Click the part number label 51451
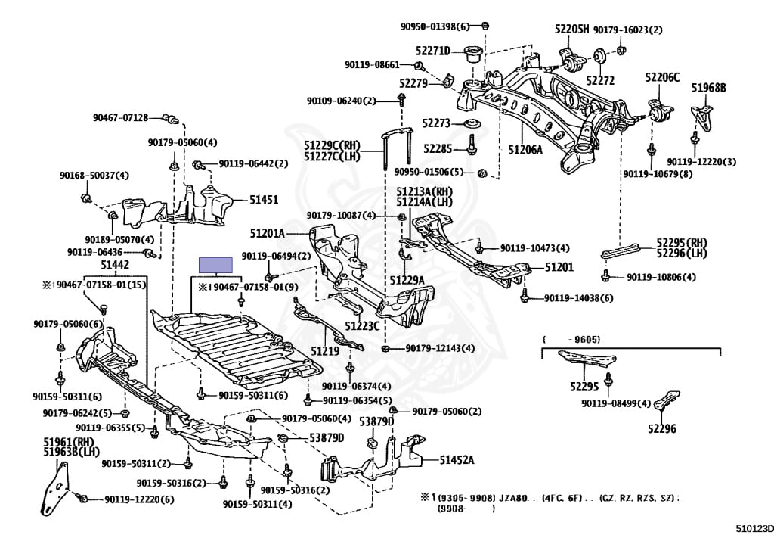pos(264,200)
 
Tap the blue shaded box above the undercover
pos(215,266)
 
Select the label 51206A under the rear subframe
pos(525,149)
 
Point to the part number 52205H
pos(571,29)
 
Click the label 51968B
pos(708,88)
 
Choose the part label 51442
pos(115,265)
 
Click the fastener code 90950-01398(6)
pos(435,26)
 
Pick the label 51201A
pos(267,233)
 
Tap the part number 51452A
pos(457,460)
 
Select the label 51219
pos(325,350)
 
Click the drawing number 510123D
pos(755,529)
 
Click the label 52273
pos(436,123)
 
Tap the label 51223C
pos(362,326)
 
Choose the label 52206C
pos(662,77)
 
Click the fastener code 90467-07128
pos(120,117)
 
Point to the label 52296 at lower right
pos(662,429)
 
